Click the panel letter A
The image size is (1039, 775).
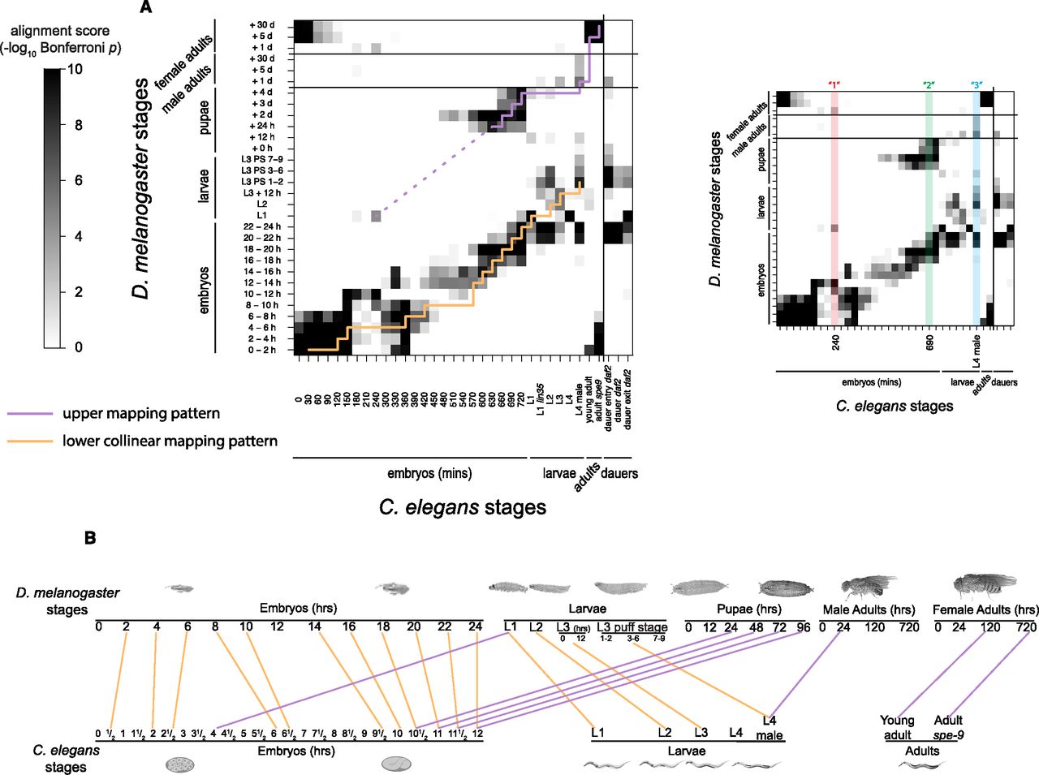146,7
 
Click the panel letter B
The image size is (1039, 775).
90,537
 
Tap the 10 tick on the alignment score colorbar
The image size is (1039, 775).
75,70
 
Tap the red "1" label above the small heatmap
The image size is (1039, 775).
834,85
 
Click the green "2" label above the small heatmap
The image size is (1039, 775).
929,85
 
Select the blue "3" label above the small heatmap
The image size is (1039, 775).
976,85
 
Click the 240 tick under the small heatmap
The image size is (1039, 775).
835,344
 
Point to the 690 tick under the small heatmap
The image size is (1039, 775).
929,344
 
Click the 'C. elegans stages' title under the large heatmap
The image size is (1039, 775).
462,508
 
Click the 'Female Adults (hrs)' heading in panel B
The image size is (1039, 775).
985,609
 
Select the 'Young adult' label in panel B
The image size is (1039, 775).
897,727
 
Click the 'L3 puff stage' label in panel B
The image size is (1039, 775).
632,627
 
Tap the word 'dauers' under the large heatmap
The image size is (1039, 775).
619,473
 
